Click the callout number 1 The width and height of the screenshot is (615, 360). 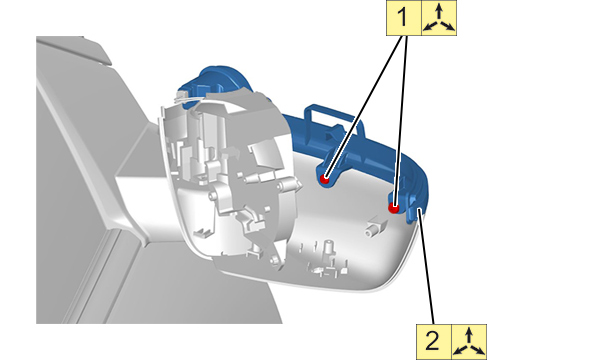coord(403,18)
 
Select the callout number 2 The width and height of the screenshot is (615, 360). coord(433,341)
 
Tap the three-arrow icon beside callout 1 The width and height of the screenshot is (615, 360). coord(439,17)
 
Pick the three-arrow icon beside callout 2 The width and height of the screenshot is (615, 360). coord(469,342)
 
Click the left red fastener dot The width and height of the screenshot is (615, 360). coord(324,179)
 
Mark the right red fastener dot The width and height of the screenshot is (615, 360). coord(393,207)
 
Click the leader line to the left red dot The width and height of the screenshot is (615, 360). coord(364,107)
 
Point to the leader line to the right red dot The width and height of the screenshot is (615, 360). coord(400,121)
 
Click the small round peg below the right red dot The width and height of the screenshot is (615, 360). coord(370,231)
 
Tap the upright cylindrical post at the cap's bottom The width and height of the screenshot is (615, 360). coord(327,249)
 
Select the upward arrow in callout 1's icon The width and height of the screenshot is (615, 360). coord(439,12)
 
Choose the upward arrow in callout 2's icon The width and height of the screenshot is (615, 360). coord(469,336)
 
